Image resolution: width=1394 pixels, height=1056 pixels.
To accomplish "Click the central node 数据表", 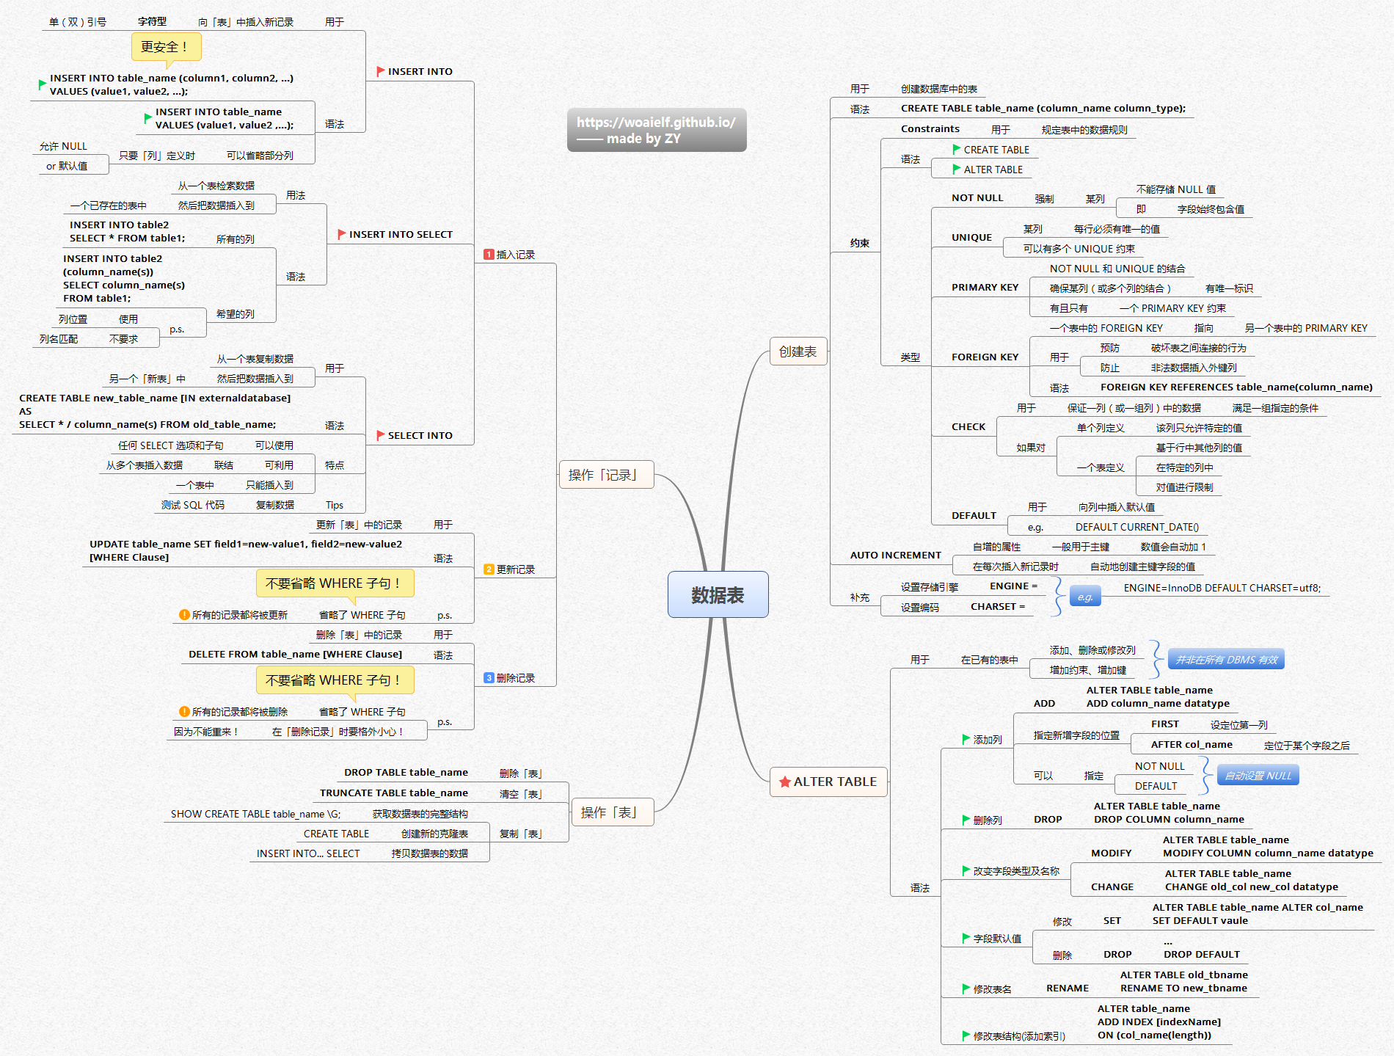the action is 718,594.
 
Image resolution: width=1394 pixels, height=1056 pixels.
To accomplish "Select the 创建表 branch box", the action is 798,352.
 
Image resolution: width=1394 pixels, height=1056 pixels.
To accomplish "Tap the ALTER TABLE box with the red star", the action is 828,782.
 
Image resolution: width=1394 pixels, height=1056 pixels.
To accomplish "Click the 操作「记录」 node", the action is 606,475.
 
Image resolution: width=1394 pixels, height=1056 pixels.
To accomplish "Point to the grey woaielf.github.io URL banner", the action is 656,130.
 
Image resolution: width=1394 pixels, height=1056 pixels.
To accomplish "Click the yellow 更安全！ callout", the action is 166,47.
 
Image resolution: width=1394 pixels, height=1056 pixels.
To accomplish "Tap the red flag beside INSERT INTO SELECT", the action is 341,234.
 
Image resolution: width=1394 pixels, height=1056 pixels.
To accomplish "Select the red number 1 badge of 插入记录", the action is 489,255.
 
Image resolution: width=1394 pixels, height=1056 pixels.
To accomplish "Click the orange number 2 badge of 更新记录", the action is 489,569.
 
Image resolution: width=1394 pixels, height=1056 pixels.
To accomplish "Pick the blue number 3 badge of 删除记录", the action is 489,678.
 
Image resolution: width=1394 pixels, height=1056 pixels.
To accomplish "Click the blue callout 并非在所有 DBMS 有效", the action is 1226,660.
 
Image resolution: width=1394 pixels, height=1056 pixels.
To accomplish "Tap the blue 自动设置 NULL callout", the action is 1258,776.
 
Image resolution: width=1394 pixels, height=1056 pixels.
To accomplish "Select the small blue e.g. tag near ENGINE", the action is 1085,597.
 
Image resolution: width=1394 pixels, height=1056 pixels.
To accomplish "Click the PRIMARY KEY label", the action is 985,288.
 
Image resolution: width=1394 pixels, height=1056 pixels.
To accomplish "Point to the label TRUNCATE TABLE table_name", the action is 393,793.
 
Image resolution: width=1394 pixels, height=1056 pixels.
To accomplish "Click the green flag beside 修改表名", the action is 966,988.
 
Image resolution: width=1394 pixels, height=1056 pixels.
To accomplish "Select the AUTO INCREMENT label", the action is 895,556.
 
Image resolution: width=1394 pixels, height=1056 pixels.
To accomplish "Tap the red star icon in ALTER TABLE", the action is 785,782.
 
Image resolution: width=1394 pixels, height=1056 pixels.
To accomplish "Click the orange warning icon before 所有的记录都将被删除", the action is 184,712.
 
